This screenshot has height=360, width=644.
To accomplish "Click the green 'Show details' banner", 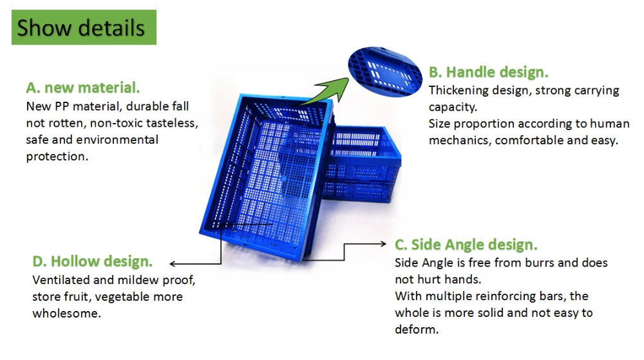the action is point(84,28).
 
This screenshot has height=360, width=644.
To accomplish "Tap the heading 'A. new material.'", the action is point(83,88).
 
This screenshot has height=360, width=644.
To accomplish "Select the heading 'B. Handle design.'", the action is point(488,72).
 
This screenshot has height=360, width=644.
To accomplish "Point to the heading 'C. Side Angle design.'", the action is point(466,245).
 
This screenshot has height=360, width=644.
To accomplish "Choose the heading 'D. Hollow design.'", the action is point(92,261).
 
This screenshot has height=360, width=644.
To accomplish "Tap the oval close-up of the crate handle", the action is point(385,72).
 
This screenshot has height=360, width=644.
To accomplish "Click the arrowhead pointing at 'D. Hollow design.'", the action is point(173,263).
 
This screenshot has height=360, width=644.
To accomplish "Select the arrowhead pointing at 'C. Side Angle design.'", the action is point(383,244).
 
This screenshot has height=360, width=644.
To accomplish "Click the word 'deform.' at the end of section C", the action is point(417,330).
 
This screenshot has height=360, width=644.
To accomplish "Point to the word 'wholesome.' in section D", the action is point(66,314).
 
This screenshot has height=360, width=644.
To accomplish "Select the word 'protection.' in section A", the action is point(57,156).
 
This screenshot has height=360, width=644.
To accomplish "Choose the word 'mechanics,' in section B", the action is point(460,140).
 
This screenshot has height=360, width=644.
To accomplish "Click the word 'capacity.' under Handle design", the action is point(453,108).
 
